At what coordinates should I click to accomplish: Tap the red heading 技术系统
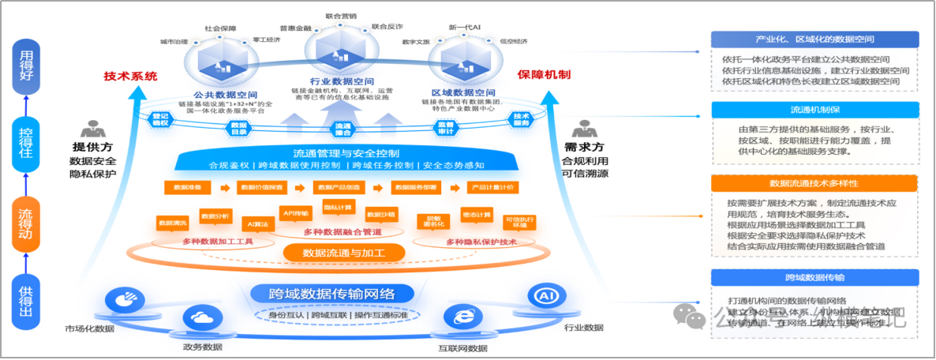pos(131,77)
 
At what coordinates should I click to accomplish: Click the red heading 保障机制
pos(544,74)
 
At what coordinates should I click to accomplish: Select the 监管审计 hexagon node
pos(446,129)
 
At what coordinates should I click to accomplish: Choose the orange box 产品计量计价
pos(493,188)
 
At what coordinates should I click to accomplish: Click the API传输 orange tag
pos(296,212)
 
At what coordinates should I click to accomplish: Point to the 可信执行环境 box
pos(519,221)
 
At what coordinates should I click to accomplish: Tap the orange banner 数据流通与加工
pos(343,253)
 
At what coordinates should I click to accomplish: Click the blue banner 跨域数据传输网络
pos(331,294)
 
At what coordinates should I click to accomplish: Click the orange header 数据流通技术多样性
pos(814,183)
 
